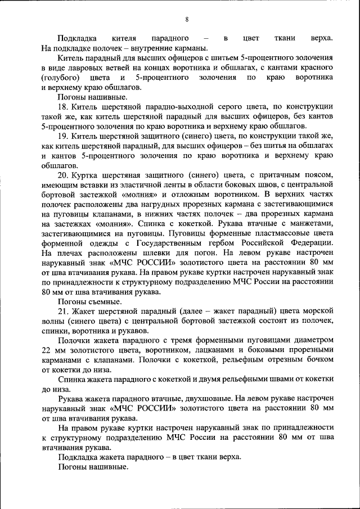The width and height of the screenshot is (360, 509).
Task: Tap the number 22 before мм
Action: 47,349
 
